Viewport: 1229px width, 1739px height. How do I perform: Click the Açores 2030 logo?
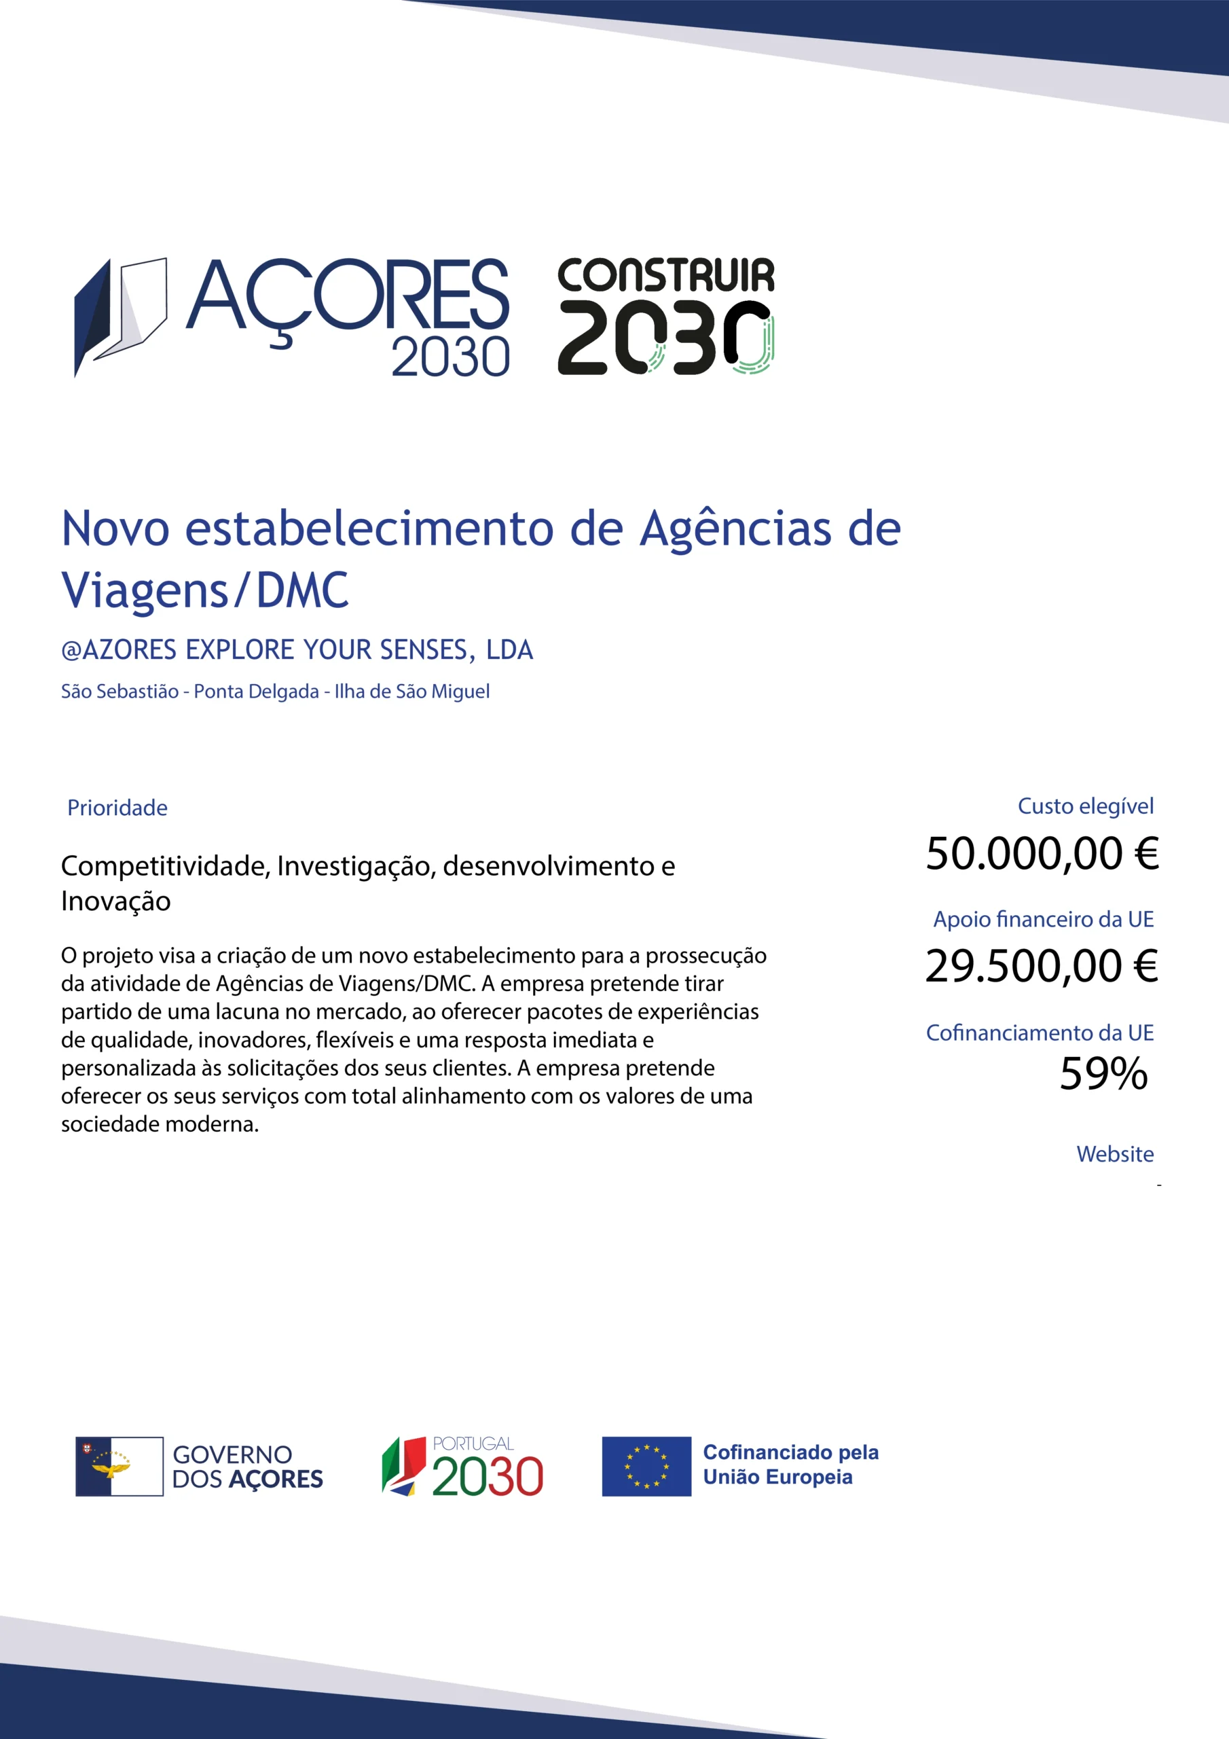pos(291,317)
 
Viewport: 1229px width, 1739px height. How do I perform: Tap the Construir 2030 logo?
pos(665,317)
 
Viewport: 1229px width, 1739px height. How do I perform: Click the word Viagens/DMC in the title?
pos(204,591)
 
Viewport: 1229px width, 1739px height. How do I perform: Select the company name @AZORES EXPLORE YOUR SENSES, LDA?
pos(297,650)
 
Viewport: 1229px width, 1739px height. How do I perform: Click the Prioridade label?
pos(117,808)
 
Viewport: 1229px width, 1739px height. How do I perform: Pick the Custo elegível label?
pos(1085,806)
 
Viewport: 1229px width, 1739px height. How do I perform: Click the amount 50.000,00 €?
pos(1042,854)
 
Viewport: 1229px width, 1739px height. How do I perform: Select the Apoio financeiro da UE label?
pos(1043,920)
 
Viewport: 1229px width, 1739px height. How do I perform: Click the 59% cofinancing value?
pos(1103,1074)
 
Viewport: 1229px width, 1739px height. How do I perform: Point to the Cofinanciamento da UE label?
pos(1040,1033)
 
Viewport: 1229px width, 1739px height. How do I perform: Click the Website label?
pos(1115,1154)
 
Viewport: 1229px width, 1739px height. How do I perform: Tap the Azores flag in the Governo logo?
pos(120,1467)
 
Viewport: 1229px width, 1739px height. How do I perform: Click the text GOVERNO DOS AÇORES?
pos(248,1467)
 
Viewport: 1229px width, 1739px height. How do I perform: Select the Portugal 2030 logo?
pos(462,1467)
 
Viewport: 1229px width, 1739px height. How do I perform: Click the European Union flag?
pos(646,1467)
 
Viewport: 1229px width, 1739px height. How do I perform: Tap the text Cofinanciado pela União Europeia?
pos(790,1465)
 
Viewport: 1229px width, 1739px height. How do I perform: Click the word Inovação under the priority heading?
pos(116,901)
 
